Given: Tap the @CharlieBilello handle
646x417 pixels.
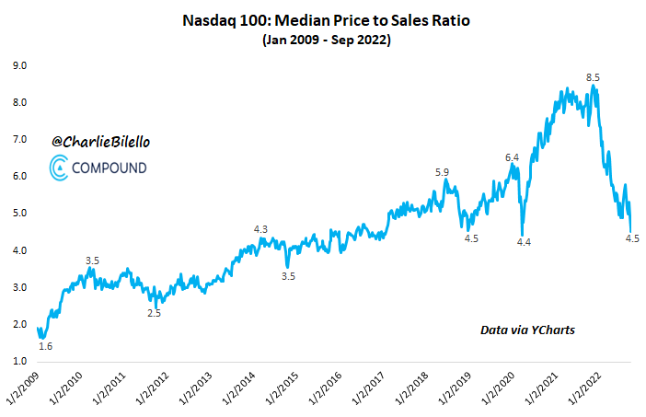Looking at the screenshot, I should point(98,142).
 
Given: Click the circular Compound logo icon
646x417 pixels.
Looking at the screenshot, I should point(59,168).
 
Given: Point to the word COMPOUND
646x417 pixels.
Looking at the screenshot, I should point(111,168).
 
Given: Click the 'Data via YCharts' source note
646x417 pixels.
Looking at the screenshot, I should point(527,329).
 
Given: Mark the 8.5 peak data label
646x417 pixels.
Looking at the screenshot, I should point(594,77).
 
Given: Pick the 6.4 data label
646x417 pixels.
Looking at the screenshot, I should point(513,158).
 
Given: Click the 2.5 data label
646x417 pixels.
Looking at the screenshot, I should point(154,313).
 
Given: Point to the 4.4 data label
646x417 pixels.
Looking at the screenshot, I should point(524,241).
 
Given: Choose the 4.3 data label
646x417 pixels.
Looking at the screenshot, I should point(260,229).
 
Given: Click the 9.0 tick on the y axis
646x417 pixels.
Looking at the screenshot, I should point(19,65).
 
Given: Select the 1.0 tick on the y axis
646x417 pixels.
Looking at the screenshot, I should point(19,361).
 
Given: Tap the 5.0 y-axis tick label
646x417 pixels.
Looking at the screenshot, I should point(19,214).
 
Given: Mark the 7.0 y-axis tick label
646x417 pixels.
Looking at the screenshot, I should point(19,139).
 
